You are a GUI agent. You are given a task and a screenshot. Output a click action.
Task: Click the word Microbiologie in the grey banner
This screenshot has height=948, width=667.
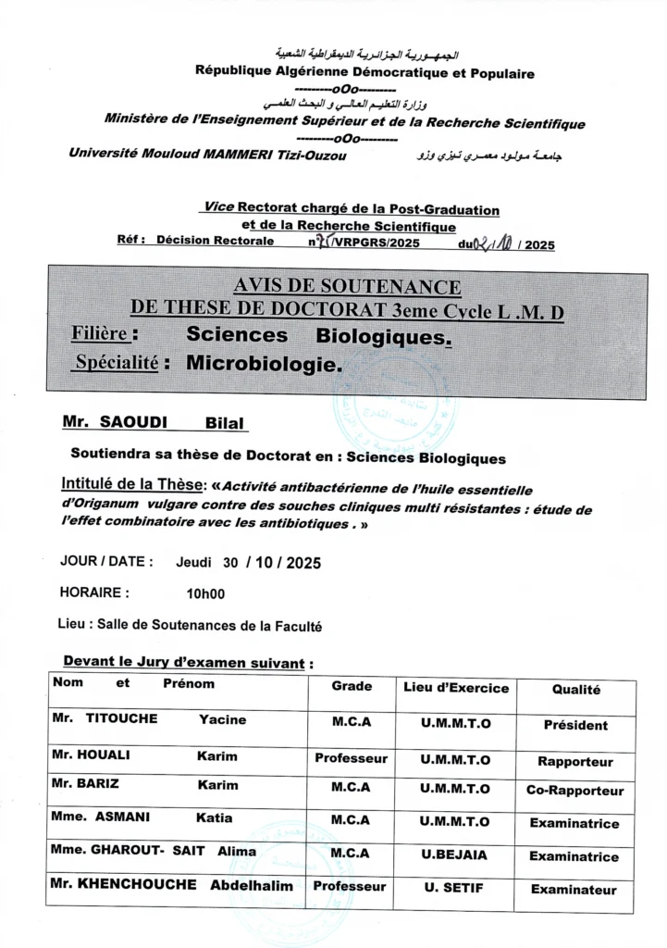pos(264,364)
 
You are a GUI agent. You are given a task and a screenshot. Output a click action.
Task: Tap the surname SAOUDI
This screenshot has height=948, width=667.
pos(137,423)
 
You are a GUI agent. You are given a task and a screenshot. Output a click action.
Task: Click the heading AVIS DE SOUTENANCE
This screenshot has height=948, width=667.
pos(347,287)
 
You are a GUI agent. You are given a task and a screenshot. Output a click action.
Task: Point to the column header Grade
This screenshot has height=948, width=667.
pos(352,686)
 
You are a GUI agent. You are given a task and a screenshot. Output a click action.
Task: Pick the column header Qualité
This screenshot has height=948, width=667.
pos(575,690)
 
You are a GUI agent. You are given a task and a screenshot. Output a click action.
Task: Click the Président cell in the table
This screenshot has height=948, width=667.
pos(575,726)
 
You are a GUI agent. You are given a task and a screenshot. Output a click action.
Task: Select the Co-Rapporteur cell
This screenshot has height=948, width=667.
pos(575,791)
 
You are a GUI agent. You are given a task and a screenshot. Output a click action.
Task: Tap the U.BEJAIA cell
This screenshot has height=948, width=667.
pos(454,855)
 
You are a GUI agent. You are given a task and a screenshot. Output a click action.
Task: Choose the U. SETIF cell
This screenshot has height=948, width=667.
pos(454,889)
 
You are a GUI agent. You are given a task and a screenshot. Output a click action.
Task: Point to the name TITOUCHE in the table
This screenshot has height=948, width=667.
pos(121,719)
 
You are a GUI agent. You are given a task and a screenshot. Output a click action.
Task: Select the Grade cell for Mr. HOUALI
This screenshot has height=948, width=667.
pos(351,758)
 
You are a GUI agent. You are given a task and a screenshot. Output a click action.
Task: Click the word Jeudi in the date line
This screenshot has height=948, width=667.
pos(194,562)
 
